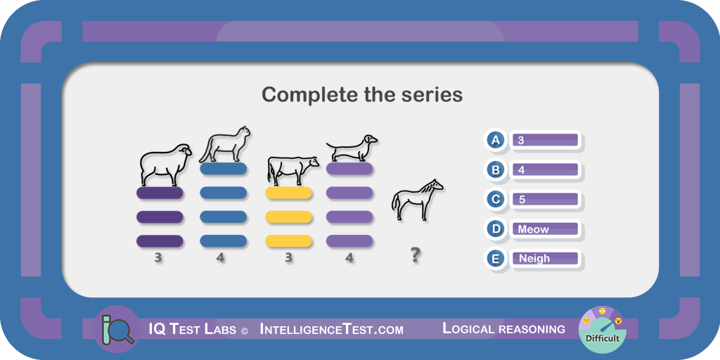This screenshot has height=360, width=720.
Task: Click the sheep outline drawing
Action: (x=165, y=165)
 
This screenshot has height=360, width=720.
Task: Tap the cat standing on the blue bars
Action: (x=225, y=145)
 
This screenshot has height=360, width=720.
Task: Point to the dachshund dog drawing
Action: (x=352, y=148)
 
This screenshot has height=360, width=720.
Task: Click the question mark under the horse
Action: (x=415, y=255)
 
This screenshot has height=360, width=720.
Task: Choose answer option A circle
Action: (x=496, y=140)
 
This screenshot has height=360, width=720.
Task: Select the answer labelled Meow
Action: (x=546, y=229)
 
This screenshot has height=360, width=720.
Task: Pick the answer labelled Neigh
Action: (x=546, y=259)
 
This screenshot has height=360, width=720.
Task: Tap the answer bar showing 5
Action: (x=546, y=199)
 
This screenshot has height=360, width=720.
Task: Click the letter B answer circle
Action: (x=496, y=170)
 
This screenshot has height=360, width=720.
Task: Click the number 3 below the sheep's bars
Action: (x=158, y=258)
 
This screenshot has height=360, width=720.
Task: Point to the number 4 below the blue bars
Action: (x=220, y=258)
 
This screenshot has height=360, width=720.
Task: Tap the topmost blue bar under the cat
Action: (x=223, y=169)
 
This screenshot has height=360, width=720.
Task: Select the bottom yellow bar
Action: (x=288, y=241)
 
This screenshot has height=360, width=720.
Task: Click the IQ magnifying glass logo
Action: (x=116, y=329)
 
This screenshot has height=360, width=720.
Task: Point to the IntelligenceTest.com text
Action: (x=332, y=329)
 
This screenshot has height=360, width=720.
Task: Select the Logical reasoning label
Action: (x=503, y=329)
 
